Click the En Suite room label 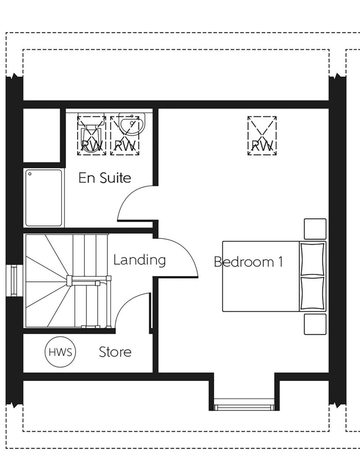pos(104,178)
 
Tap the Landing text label pos(139,260)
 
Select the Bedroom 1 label pos(248,262)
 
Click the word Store pos(115,352)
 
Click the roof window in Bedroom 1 pos(262,135)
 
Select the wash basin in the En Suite pos(131,126)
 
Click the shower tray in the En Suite pos(44,198)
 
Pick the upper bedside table pos(315,229)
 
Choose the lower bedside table pos(315,324)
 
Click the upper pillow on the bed pos(312,259)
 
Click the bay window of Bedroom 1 pos(244,405)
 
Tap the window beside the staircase pos(14,281)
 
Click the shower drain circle pos(30,174)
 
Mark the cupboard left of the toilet pos(41,135)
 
